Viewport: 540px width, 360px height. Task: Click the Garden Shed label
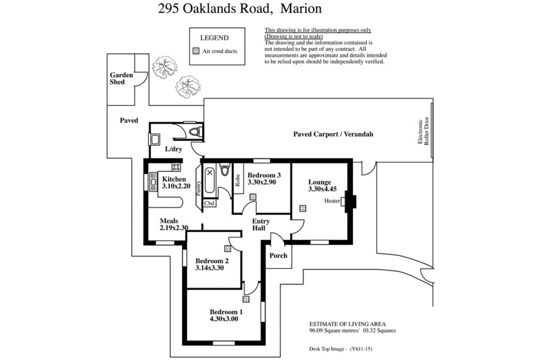tap(121, 78)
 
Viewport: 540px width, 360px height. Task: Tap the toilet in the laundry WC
tap(195, 132)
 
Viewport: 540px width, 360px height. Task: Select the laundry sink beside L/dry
tap(154, 139)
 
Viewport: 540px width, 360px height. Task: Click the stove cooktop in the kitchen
tap(176, 167)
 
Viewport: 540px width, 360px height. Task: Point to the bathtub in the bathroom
tap(210, 180)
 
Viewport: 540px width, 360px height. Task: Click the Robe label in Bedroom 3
tap(238, 180)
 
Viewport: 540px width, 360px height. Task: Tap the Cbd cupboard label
tap(209, 203)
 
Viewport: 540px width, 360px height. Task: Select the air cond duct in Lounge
tap(303, 208)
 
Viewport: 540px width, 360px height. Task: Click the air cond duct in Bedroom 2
tap(228, 248)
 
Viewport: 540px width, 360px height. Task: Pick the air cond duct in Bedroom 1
tap(246, 299)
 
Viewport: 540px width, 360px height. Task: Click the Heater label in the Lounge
tap(332, 201)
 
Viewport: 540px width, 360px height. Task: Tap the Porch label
tap(278, 256)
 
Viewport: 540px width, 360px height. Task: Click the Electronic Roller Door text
tap(423, 131)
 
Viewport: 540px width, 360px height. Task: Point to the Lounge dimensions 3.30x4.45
tap(322, 189)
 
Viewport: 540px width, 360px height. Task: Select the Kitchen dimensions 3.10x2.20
tap(176, 186)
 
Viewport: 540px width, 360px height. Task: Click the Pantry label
tap(198, 188)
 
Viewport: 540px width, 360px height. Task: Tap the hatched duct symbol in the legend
tap(196, 51)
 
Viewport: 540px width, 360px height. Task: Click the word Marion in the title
tap(301, 9)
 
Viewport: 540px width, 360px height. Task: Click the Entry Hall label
tap(261, 225)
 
